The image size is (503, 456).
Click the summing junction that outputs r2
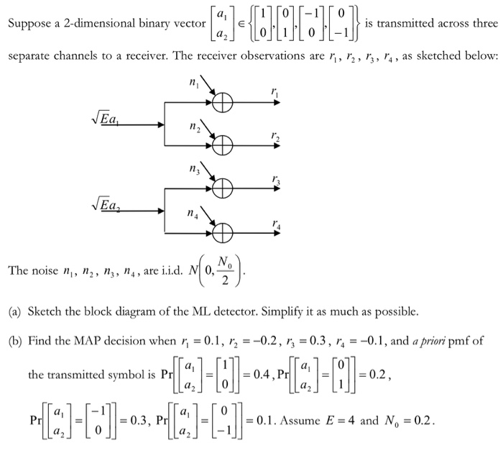point(222,147)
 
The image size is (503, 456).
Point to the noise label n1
point(192,84)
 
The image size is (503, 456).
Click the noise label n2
point(192,127)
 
